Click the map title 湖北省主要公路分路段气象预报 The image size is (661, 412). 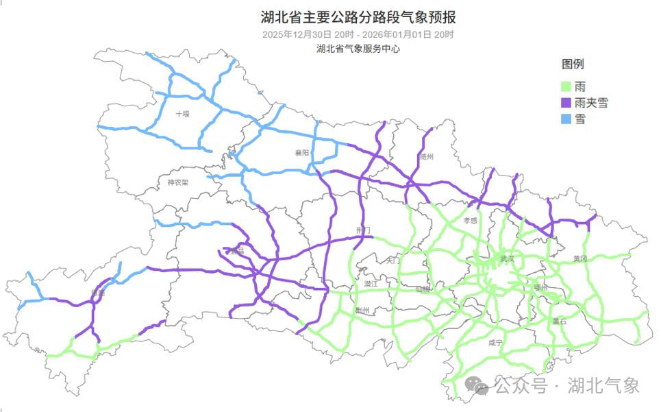point(358,16)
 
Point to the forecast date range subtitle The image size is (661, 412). point(358,34)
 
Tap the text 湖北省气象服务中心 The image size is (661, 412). point(358,49)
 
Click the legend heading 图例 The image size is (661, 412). point(573,64)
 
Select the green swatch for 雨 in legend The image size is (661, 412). point(566,86)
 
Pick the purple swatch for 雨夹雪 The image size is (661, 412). point(566,103)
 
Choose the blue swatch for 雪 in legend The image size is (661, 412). point(566,119)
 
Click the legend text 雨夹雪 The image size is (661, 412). point(592,103)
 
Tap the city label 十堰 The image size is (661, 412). point(182,114)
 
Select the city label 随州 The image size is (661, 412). point(427,157)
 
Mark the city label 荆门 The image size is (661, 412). point(363,230)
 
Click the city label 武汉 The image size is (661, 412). point(507,259)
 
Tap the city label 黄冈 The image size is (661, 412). point(580,258)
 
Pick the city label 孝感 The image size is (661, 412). point(470,221)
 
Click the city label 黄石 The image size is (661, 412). point(560,321)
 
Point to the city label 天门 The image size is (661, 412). point(393,260)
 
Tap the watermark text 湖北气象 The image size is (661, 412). point(604,385)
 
